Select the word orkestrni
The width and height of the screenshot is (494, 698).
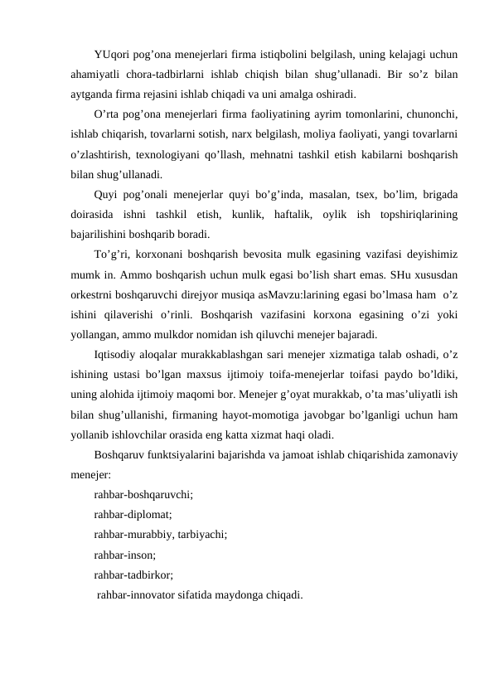(93, 294)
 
